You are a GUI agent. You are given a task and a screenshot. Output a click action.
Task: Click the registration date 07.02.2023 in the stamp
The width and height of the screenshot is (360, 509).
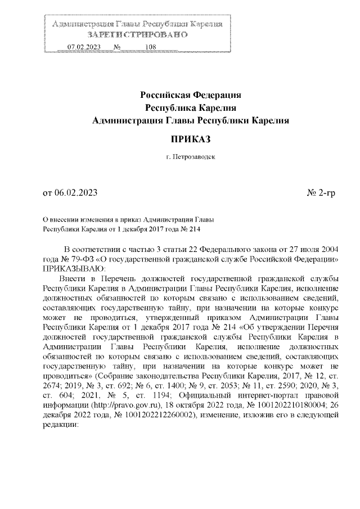pyautogui.click(x=83, y=47)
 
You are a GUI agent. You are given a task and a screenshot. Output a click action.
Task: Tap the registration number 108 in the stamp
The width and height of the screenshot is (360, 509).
pyautogui.click(x=150, y=47)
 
